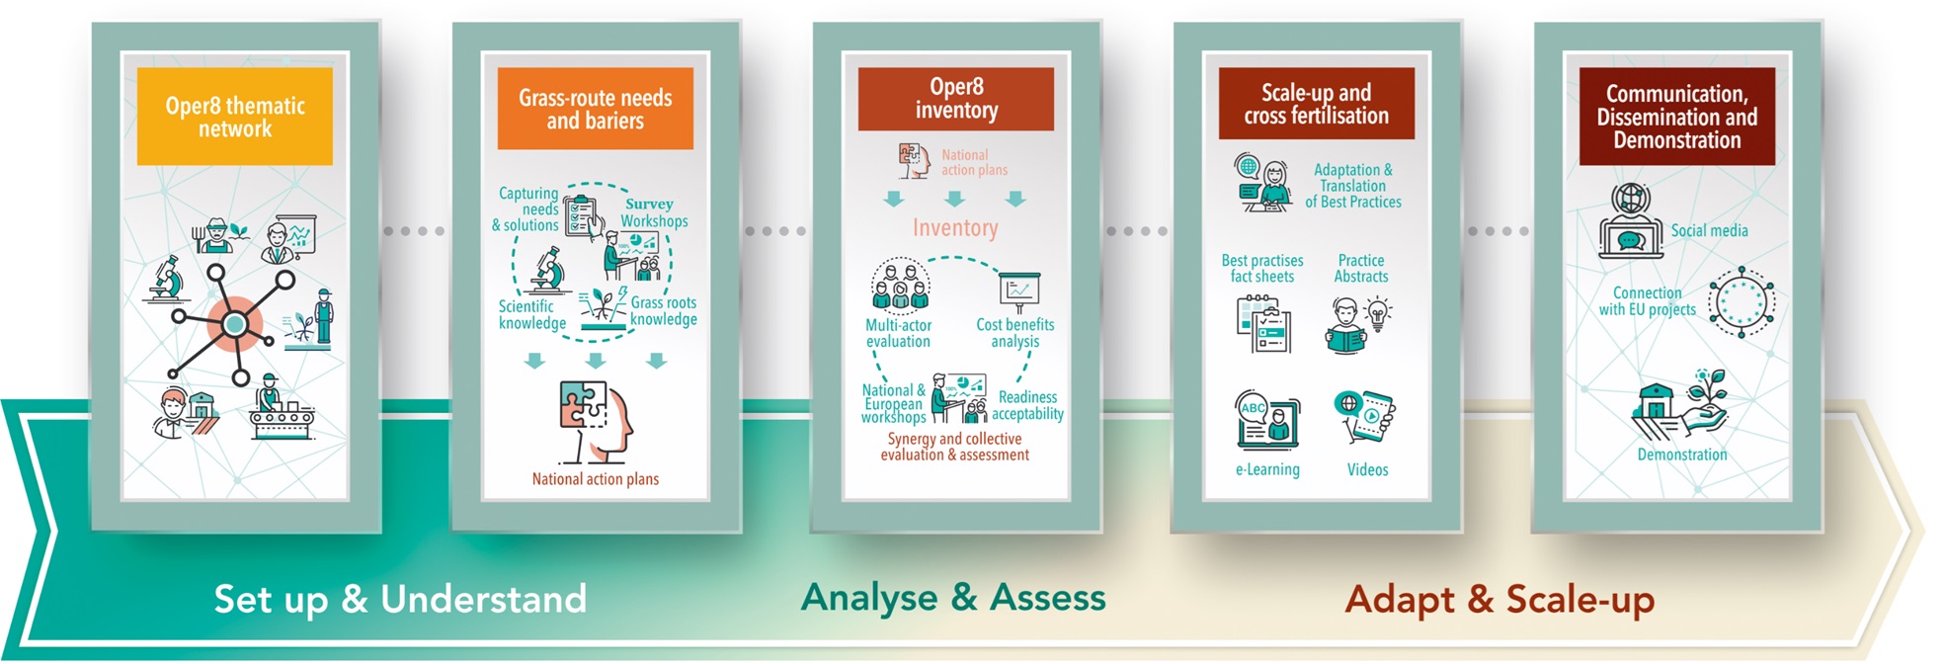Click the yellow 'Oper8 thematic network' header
[x=235, y=116]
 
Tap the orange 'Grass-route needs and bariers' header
[x=596, y=109]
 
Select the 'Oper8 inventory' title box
[x=956, y=99]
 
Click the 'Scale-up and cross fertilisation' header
[x=1317, y=103]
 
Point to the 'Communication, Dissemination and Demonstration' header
[x=1677, y=116]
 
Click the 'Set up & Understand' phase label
[x=400, y=599]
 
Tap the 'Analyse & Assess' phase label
[x=953, y=597]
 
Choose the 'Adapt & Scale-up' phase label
[x=1499, y=600]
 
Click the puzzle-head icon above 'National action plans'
[x=596, y=422]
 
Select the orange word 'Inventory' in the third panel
[x=955, y=228]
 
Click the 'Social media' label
[x=1709, y=230]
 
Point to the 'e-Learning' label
[x=1267, y=469]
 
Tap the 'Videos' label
[x=1367, y=469]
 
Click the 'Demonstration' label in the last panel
[x=1682, y=455]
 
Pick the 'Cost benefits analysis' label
[x=1014, y=333]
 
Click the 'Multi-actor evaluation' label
[x=898, y=333]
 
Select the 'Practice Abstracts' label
[x=1361, y=269]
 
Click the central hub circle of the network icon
[x=234, y=323]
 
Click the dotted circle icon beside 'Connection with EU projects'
[x=1742, y=301]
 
